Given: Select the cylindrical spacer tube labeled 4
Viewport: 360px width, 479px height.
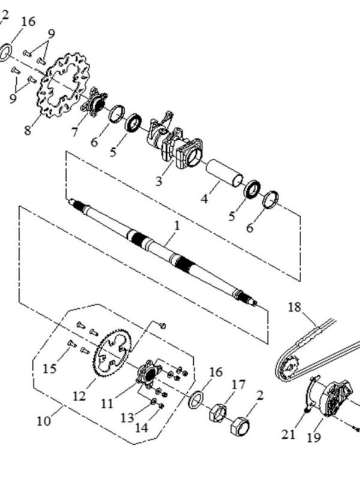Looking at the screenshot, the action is click(225, 173).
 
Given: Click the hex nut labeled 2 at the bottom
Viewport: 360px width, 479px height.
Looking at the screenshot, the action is click(240, 426).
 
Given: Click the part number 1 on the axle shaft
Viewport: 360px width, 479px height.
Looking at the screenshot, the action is click(177, 226).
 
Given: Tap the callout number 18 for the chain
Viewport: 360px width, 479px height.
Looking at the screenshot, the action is click(295, 307).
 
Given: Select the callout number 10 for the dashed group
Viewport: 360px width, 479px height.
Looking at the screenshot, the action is click(43, 421).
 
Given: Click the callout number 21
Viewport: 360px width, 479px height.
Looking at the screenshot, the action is click(289, 434).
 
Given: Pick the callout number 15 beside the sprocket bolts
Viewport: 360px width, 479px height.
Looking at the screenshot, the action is click(50, 369).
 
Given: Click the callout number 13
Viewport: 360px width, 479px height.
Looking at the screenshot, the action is click(127, 418).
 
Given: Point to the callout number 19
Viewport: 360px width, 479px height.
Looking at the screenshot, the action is click(314, 438).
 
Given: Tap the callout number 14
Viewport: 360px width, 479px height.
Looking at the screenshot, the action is click(142, 428).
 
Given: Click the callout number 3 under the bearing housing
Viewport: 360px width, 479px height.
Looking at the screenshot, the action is click(158, 181).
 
